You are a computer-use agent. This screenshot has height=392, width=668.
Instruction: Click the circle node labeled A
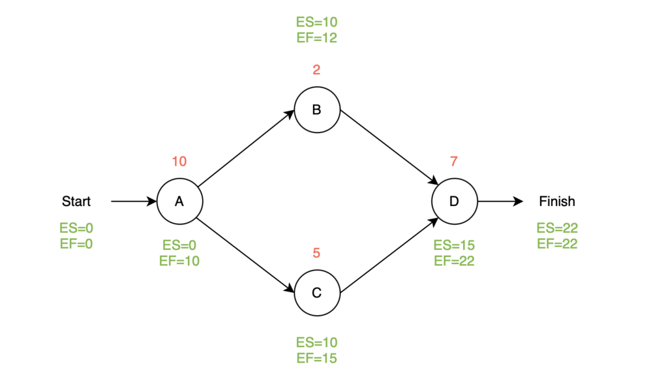(179, 202)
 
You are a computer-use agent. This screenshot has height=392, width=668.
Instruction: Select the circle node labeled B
(316, 110)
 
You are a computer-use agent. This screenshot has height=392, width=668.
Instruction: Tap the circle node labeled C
(316, 293)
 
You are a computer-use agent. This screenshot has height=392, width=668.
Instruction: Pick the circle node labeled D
(454, 202)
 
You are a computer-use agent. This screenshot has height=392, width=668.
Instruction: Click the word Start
(76, 202)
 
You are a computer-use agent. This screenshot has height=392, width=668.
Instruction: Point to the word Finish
(557, 202)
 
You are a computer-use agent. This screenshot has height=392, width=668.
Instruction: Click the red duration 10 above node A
(179, 161)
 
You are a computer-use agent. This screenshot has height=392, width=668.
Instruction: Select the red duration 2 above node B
(316, 70)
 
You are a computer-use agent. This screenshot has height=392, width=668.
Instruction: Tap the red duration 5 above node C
(316, 253)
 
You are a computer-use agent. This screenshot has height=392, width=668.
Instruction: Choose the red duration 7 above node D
(454, 161)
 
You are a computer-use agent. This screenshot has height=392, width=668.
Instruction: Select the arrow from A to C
(247, 254)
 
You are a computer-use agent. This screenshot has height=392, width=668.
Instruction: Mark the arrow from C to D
(388, 255)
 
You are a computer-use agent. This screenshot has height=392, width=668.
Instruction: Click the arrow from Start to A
(134, 202)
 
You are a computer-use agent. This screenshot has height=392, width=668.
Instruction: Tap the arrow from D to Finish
(500, 202)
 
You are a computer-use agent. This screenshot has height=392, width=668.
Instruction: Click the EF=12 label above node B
(316, 38)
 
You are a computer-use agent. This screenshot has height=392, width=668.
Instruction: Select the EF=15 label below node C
(316, 358)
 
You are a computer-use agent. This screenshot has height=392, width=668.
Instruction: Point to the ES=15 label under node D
(454, 246)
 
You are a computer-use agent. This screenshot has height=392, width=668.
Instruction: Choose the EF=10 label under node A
(179, 260)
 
